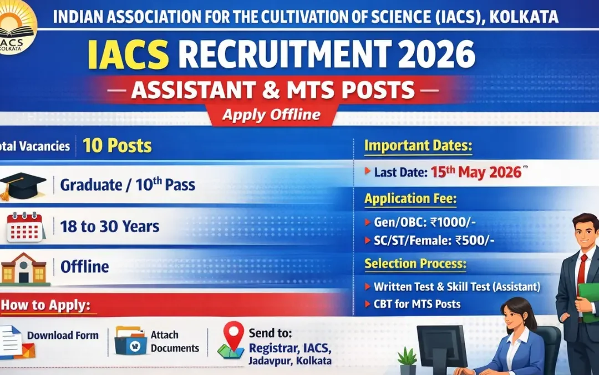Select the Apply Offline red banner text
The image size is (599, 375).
271,115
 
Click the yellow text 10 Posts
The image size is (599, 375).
117,146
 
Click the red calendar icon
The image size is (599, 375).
25,227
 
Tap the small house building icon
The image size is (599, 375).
23,268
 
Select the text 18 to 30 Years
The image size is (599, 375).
110,227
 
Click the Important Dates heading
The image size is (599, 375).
418,146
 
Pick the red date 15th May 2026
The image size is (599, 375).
476,172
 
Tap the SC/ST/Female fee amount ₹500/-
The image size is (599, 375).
474,241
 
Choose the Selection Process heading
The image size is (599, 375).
415,264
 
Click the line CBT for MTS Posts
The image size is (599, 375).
417,304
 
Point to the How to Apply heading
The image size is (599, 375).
46,306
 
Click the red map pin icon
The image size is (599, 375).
233,335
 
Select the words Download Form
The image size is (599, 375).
63,336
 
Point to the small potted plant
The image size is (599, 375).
407,362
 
